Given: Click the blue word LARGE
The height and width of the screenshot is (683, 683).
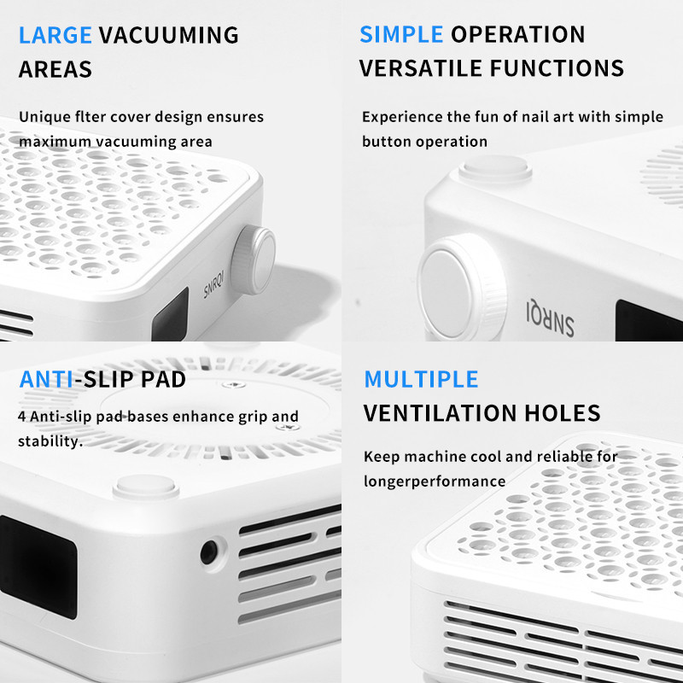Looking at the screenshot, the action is (55, 35).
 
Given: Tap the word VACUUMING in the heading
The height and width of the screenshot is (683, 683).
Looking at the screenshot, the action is (168, 35).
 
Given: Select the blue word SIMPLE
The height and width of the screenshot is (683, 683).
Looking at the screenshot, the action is (401, 34).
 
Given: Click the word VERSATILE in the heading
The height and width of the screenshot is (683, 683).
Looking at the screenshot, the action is (421, 68).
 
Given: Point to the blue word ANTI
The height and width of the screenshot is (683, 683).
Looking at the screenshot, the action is (46, 379).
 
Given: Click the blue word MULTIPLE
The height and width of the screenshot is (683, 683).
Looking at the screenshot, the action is (421, 379).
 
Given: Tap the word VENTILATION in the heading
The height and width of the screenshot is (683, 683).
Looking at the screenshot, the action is (440, 413).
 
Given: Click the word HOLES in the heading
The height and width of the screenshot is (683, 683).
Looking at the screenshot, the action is (563, 413).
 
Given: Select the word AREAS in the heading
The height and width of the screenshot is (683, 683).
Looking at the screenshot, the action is (55, 69).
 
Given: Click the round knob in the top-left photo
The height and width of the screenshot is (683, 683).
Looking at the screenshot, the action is (253, 260).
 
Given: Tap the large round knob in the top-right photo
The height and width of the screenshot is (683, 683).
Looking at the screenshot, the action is (462, 286).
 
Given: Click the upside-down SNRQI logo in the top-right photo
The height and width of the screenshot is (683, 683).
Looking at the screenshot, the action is (550, 318).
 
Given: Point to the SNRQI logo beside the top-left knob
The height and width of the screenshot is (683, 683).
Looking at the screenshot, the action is (214, 284).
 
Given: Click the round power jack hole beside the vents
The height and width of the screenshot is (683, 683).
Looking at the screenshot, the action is (209, 552).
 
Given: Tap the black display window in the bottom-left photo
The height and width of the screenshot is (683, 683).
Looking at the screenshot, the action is (38, 566).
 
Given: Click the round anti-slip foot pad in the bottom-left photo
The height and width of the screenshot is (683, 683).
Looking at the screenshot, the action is (146, 486).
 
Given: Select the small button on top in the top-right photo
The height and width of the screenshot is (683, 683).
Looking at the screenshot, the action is (495, 167).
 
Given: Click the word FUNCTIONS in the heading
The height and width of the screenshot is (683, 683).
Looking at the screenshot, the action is (557, 68).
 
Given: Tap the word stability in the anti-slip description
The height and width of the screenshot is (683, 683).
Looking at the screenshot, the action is (50, 441).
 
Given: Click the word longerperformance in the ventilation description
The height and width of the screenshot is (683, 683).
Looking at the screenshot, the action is (435, 482).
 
